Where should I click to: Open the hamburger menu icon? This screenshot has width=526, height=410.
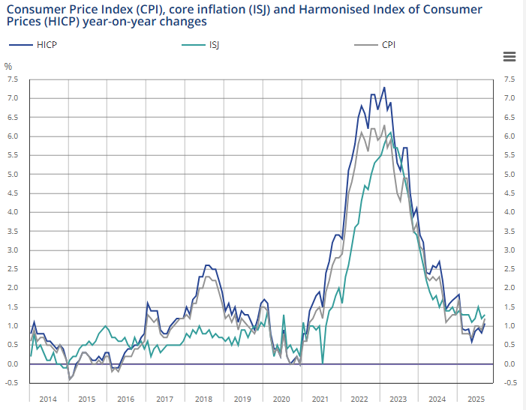[x=509, y=57]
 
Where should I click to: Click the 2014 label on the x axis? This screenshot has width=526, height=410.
[x=48, y=400]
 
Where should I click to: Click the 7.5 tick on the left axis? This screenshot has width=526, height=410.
[x=13, y=79]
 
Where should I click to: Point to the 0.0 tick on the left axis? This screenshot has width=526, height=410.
[x=13, y=364]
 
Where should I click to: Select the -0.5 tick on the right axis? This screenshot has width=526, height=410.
[x=509, y=383]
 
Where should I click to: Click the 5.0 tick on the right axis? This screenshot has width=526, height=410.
[x=509, y=175]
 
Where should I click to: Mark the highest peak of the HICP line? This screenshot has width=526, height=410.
[x=384, y=88]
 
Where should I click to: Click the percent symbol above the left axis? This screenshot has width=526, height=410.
[x=9, y=66]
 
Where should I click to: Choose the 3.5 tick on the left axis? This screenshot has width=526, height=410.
[x=13, y=232]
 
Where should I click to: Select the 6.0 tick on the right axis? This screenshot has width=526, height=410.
[x=509, y=136]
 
